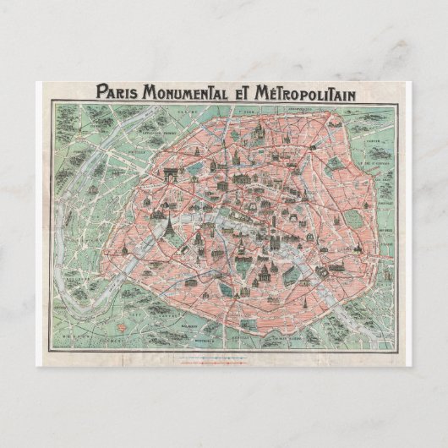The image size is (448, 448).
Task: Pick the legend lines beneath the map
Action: (224, 358)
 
